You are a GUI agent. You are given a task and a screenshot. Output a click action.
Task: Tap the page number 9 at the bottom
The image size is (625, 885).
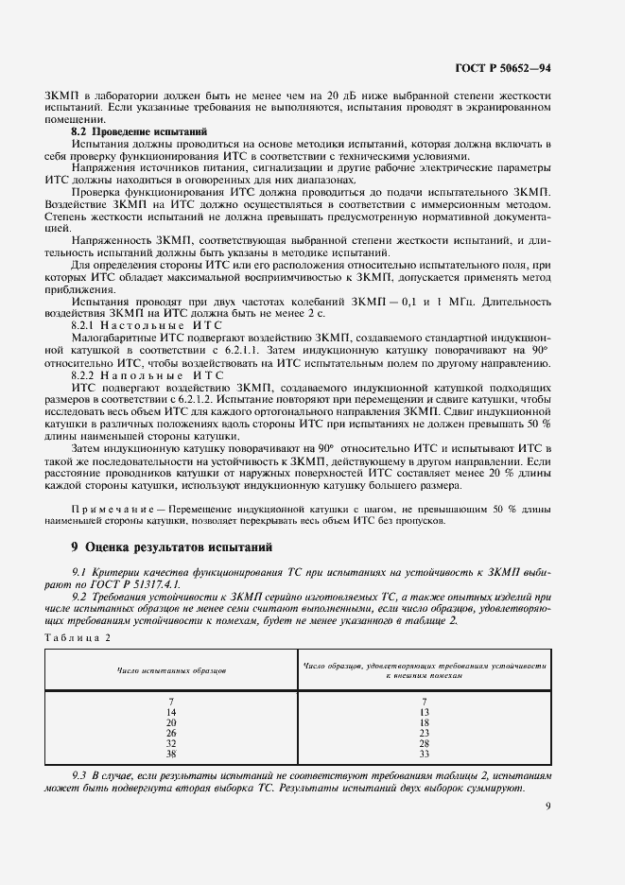pyautogui.click(x=548, y=806)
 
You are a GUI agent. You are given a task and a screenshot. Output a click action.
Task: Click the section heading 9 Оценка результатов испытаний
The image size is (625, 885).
pyautogui.click(x=159, y=547)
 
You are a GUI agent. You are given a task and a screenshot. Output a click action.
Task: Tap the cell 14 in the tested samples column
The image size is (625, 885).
pyautogui.click(x=171, y=711)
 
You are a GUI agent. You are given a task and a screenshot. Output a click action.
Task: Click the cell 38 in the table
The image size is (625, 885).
pyautogui.click(x=171, y=753)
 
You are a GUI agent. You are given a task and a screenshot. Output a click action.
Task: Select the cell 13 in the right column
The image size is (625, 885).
pyautogui.click(x=425, y=711)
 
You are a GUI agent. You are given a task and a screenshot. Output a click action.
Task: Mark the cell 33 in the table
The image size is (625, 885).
pyautogui.click(x=425, y=753)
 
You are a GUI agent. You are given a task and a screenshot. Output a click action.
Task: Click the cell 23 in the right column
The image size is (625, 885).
pyautogui.click(x=425, y=732)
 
